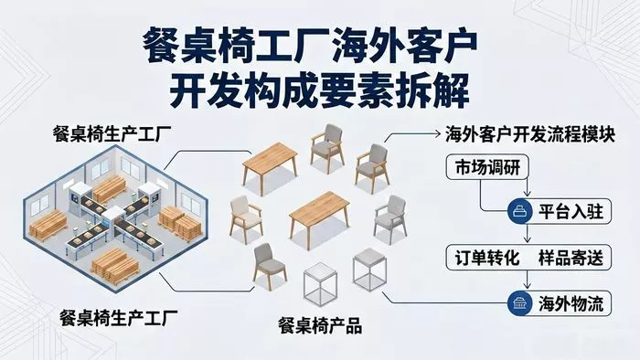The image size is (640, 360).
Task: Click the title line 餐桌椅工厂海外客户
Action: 310,46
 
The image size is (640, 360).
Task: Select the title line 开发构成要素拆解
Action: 320,91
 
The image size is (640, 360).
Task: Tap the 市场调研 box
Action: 487,167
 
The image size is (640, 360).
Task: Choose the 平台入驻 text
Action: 571,212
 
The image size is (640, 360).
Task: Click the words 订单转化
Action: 487,258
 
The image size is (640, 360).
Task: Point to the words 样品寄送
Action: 571,258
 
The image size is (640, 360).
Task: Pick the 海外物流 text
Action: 571,303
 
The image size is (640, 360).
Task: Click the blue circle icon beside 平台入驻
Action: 520,212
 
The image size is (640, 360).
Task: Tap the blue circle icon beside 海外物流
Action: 520,303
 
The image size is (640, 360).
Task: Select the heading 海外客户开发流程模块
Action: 529,134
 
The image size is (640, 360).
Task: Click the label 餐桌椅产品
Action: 320,326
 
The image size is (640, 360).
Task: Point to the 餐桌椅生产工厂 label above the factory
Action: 112,133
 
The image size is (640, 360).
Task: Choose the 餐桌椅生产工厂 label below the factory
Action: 118,318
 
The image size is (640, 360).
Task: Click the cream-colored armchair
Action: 245,219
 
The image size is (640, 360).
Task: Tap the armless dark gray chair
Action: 270,266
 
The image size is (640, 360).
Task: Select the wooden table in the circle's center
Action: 319,218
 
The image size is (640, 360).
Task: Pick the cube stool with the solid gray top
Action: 369,270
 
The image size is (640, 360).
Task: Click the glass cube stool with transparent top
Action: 320,284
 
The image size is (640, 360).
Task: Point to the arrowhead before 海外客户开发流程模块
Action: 438,133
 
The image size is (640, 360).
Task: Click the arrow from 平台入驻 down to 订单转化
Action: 528,233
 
